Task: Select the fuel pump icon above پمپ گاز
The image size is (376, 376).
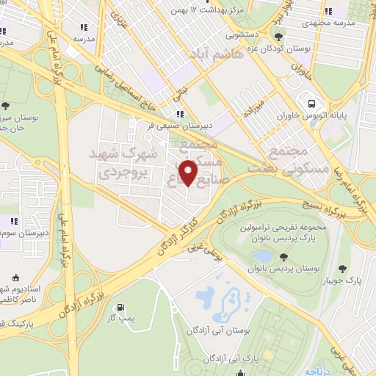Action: pos(120,308)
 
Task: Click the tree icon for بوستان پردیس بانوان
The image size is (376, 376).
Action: pos(284,256)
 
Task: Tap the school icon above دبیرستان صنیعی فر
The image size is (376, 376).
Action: pos(180,114)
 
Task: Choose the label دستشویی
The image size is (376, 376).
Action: pos(245,33)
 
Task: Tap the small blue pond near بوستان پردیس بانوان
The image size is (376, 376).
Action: pos(262,256)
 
